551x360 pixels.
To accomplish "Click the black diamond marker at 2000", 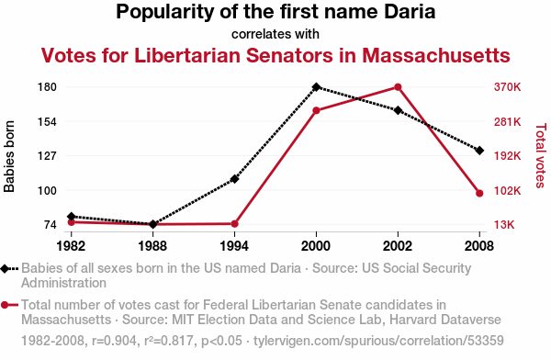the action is pyautogui.click(x=316, y=87).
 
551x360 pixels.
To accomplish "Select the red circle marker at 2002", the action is pyautogui.click(x=398, y=87).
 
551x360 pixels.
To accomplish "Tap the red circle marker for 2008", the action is pyautogui.click(x=479, y=193).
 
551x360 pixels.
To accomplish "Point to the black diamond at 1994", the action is pyautogui.click(x=234, y=179).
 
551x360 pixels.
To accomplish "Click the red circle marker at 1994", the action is pyautogui.click(x=235, y=223).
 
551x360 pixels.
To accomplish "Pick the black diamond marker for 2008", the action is pyautogui.click(x=479, y=151).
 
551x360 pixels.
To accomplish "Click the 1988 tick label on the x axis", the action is pyautogui.click(x=152, y=246).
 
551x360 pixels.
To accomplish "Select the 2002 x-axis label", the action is pyautogui.click(x=398, y=246).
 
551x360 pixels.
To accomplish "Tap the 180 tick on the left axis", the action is pyautogui.click(x=47, y=87).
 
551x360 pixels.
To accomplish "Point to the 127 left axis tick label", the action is pyautogui.click(x=47, y=155).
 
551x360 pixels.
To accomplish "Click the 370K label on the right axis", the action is pyautogui.click(x=507, y=87).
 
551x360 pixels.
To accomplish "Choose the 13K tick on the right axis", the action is pyautogui.click(x=504, y=224).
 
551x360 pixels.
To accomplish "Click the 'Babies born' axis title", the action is pyautogui.click(x=9, y=156).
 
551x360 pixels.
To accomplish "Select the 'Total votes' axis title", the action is pyautogui.click(x=541, y=155).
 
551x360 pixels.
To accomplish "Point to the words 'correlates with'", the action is pyautogui.click(x=275, y=34).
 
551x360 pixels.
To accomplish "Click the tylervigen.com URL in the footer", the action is pyautogui.click(x=378, y=341).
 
